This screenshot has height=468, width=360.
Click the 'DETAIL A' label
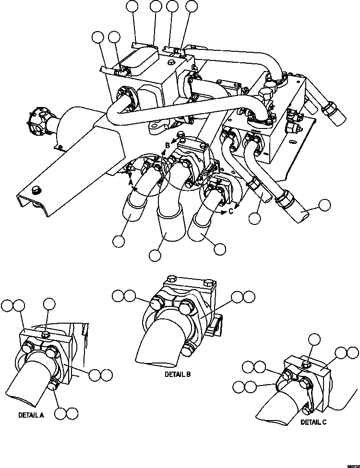[x=31, y=415]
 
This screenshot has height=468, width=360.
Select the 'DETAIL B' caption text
[x=178, y=374]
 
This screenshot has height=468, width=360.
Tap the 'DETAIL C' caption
[x=314, y=422]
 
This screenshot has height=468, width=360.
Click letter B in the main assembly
[x=167, y=144]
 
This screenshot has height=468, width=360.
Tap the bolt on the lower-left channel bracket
[x=34, y=191]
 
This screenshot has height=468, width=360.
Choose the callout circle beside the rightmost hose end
[x=325, y=205]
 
